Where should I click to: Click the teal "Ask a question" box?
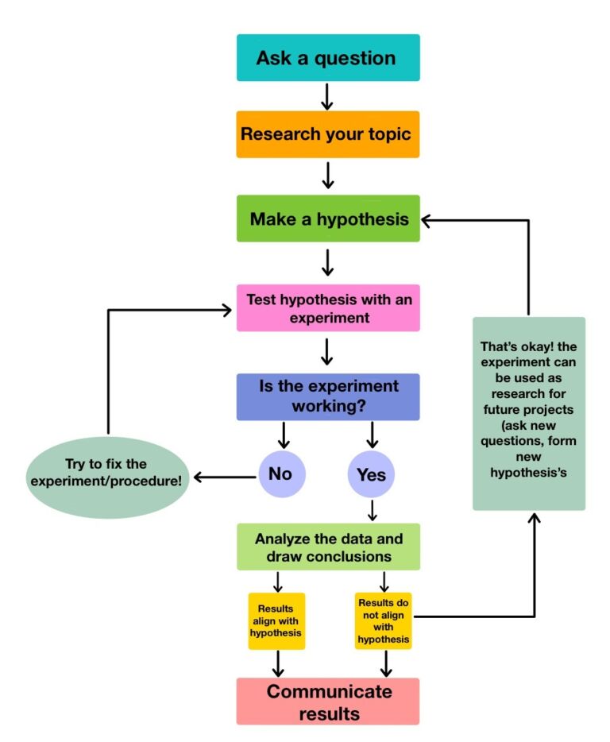pyautogui.click(x=327, y=58)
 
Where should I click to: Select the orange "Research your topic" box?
pyautogui.click(x=327, y=134)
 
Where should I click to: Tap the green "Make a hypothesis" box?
pyautogui.click(x=327, y=218)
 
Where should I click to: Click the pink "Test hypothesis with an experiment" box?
pyautogui.click(x=327, y=308)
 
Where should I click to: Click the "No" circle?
pyautogui.click(x=281, y=475)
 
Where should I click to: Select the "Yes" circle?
pyautogui.click(x=372, y=475)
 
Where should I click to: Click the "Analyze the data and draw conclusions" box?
pyautogui.click(x=327, y=547)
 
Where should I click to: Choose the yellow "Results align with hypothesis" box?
pyautogui.click(x=276, y=620)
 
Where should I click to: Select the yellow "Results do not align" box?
pyautogui.click(x=384, y=620)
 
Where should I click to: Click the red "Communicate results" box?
pyautogui.click(x=327, y=701)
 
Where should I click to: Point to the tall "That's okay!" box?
pyautogui.click(x=528, y=413)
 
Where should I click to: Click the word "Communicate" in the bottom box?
pyautogui.click(x=329, y=690)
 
